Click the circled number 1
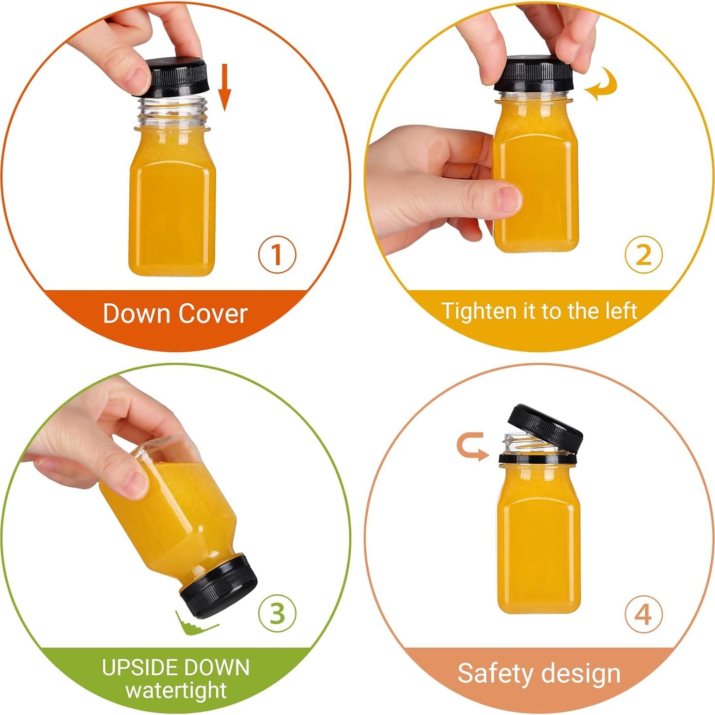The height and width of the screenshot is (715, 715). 277,254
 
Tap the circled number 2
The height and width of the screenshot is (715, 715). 643,254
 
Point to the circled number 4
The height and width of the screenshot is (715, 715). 643,614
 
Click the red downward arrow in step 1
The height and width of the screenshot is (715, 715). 224,87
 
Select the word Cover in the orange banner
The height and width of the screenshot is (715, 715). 213,313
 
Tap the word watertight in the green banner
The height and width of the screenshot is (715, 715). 176,690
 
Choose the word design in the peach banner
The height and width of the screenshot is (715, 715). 580,673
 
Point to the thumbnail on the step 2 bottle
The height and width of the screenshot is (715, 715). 509,199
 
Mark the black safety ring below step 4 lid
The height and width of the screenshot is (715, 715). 538,458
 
